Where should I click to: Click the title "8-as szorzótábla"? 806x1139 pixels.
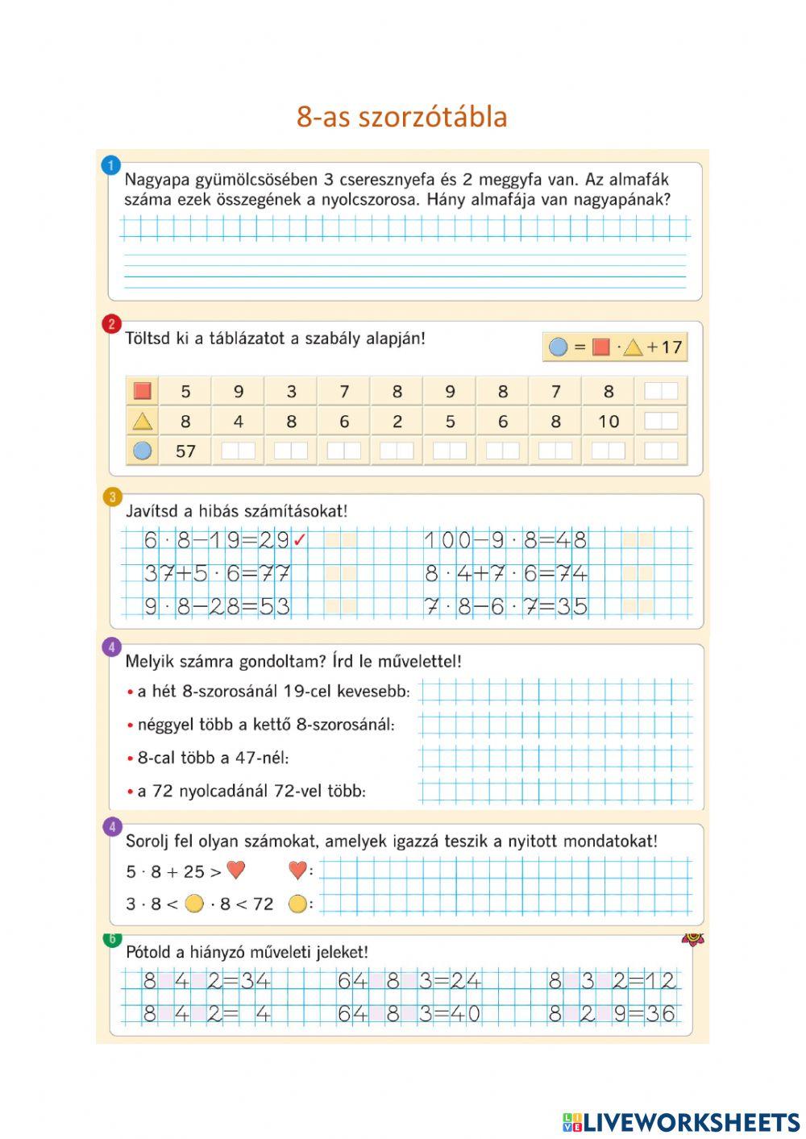coord(401,117)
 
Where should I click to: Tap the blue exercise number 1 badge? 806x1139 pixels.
coord(110,165)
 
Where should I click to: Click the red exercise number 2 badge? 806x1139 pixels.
coord(111,324)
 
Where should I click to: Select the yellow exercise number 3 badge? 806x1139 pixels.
coord(112,497)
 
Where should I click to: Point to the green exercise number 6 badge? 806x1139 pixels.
coord(112,938)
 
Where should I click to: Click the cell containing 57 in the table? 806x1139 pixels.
coord(185,451)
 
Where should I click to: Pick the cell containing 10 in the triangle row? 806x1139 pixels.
coord(609,421)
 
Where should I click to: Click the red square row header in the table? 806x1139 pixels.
coord(143,391)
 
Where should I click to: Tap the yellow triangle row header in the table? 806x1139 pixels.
coord(143,421)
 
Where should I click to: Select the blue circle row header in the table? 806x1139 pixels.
coord(143,451)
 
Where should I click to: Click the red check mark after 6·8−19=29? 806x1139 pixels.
coord(300,541)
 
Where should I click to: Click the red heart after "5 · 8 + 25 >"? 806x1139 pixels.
coord(235,871)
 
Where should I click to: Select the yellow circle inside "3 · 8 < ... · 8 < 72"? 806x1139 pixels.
coord(194,904)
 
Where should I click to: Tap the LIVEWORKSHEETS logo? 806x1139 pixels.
coord(681,1122)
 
